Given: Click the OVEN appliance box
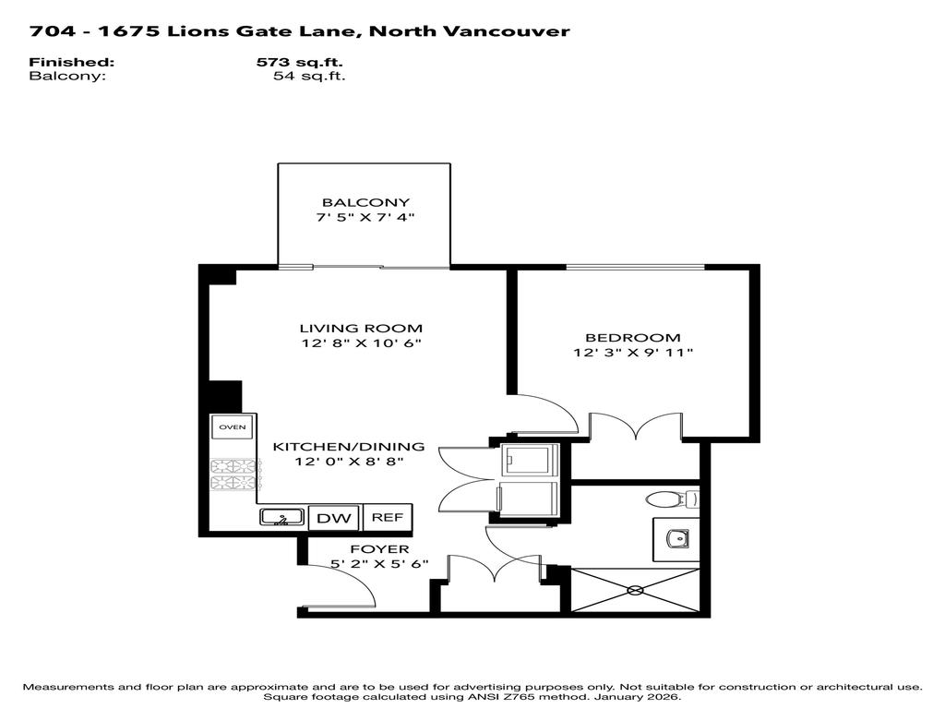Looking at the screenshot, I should click(230, 427).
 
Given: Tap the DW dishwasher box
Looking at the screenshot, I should click(334, 518).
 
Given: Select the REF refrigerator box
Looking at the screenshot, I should click(387, 518).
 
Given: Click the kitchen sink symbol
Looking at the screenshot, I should click(281, 518).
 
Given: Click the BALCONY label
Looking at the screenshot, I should click(365, 202).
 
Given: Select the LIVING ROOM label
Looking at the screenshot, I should click(361, 328).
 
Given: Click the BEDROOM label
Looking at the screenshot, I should click(632, 338).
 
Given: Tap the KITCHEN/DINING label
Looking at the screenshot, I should click(348, 447).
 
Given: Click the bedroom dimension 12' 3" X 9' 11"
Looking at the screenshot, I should click(632, 353).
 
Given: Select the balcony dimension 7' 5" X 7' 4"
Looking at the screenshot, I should click(365, 218).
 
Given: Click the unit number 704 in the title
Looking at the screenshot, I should click(48, 31).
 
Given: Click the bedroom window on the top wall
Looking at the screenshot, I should click(632, 268).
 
